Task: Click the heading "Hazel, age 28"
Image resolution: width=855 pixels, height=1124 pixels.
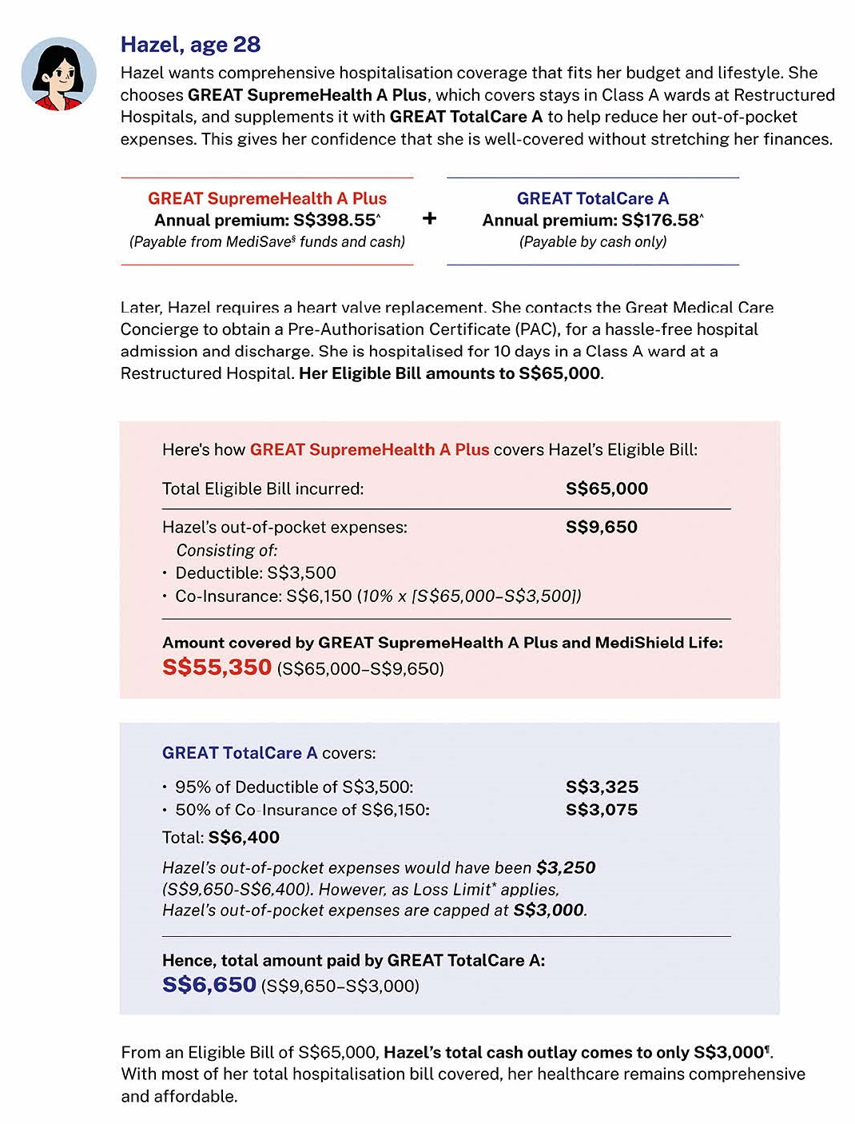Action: [x=190, y=45]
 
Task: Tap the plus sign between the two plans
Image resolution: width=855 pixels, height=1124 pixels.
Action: [x=430, y=218]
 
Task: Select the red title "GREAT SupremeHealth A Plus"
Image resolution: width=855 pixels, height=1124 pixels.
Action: [x=267, y=198]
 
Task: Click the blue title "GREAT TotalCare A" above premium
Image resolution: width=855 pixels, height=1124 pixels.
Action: [x=592, y=198]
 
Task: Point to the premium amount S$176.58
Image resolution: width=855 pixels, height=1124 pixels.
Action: [x=659, y=221]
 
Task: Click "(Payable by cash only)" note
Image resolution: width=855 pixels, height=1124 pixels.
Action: [x=592, y=241]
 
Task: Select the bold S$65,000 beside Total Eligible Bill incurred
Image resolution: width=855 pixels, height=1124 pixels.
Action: [x=606, y=488]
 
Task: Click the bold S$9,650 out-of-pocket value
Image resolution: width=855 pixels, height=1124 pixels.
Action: [x=601, y=527]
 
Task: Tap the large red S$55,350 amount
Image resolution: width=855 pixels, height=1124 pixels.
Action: [x=217, y=667]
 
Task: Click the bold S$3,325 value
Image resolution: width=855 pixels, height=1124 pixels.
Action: [x=602, y=787]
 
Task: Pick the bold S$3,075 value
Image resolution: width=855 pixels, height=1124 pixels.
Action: [x=602, y=809]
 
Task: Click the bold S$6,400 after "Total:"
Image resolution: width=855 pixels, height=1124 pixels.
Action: [x=244, y=837]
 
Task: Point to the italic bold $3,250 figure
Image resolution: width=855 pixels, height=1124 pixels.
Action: [x=566, y=867]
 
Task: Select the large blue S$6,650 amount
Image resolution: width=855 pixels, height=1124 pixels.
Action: [x=209, y=984]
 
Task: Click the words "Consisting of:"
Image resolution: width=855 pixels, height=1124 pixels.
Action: [x=227, y=550]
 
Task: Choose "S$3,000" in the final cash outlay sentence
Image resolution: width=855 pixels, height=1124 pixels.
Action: [x=729, y=1052]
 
